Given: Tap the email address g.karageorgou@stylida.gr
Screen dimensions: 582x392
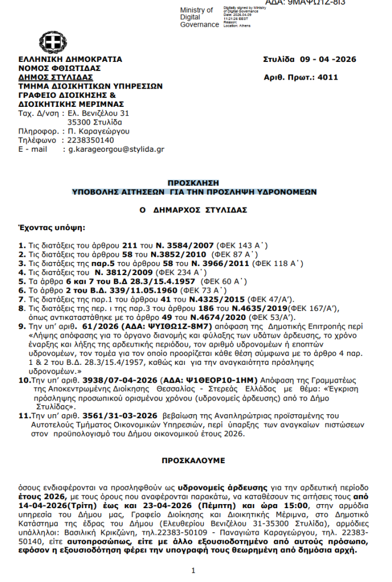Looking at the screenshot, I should [116, 149].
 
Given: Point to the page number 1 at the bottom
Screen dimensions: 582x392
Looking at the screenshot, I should [193, 570].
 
